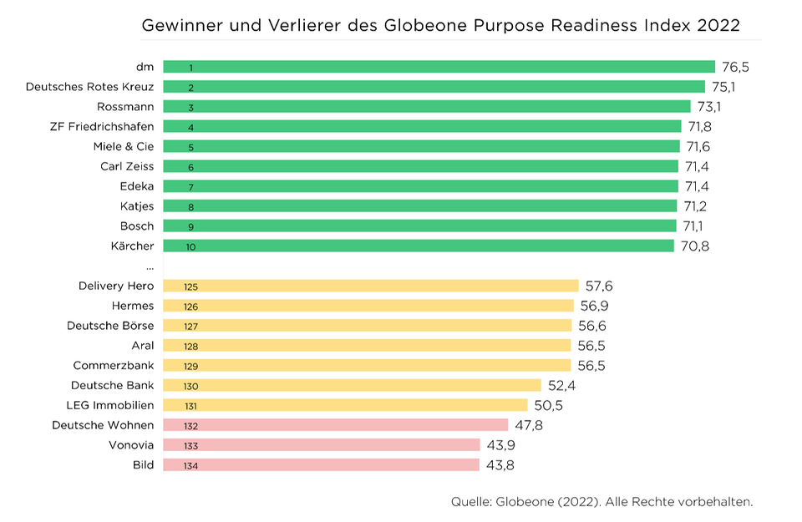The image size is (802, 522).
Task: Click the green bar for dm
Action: [x=439, y=67]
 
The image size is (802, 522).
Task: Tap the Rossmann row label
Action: [x=125, y=107]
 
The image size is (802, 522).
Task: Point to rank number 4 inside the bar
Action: [x=191, y=127]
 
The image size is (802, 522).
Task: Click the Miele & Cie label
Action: [x=124, y=146]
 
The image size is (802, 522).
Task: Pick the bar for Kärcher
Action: [x=418, y=246]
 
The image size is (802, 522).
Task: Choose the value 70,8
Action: [x=694, y=246]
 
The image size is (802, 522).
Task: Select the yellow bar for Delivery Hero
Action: [x=370, y=286]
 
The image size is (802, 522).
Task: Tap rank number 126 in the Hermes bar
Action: [x=191, y=307]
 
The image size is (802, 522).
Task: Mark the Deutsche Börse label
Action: [x=110, y=326]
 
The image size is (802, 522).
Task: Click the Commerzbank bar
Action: [x=367, y=365]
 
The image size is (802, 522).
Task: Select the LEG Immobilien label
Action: [x=110, y=405]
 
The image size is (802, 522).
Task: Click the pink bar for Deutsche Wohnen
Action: [x=335, y=425]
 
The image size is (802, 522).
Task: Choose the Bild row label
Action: [x=144, y=465]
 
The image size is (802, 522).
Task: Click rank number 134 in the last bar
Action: [x=191, y=465]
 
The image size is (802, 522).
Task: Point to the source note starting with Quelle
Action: [x=601, y=502]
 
